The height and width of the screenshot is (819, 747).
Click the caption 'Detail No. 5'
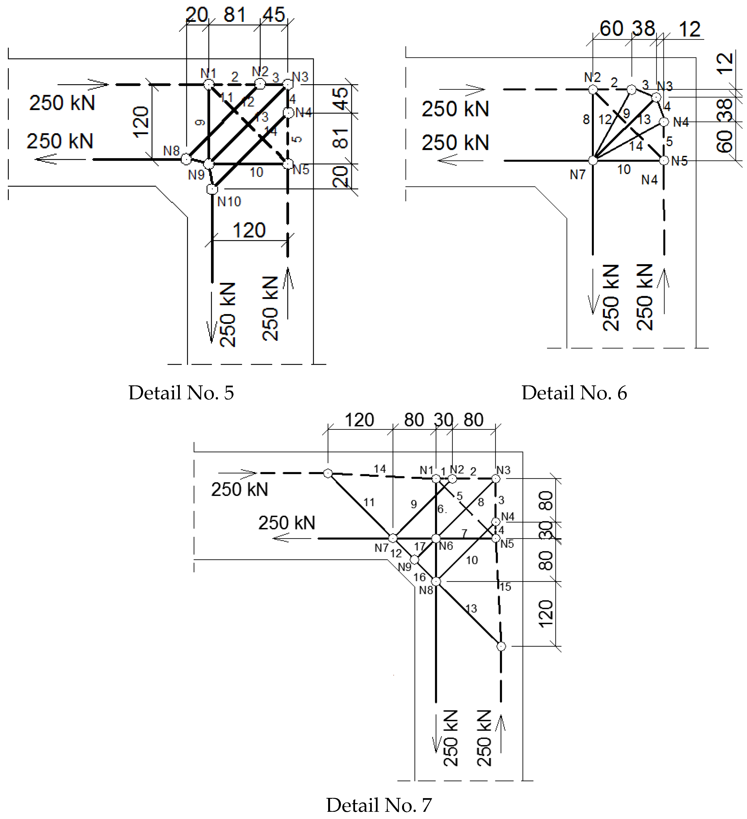coord(181,393)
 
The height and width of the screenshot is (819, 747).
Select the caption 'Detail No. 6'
coord(574,393)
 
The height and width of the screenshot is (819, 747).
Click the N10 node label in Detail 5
coord(229,202)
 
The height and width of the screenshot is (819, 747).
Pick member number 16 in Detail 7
coord(419,577)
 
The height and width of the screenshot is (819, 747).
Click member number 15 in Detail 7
coord(506,587)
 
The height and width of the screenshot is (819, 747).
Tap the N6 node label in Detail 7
coord(446,546)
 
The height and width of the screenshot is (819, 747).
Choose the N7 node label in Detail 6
coord(577,175)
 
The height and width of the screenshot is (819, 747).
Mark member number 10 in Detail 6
coord(624,169)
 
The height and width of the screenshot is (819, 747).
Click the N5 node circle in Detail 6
coord(664,161)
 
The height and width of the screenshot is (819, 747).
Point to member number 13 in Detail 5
coord(262,117)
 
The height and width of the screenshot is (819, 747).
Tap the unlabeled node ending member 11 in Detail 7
coord(328,473)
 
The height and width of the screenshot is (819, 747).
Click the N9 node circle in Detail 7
coord(414,560)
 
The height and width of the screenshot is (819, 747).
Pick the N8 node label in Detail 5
coord(171,151)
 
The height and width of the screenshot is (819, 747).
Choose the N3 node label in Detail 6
coord(665,86)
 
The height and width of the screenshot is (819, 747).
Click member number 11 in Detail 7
coord(369,502)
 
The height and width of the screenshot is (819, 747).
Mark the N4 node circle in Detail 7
coord(496,522)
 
